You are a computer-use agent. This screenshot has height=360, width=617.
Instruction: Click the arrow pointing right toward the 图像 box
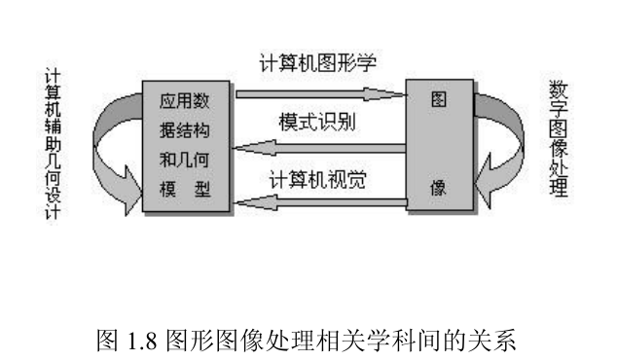coord(320,94)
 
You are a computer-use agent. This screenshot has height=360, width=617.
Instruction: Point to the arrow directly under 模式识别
coord(321,148)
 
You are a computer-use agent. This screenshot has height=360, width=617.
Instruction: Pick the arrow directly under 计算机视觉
coord(321,202)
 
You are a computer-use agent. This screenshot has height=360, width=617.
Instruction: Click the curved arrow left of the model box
coord(110,146)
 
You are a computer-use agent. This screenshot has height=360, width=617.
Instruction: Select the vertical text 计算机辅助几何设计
coord(54,146)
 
